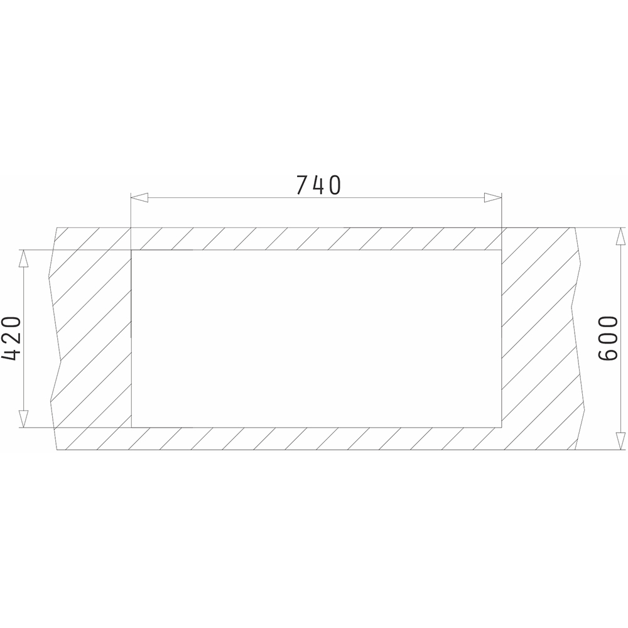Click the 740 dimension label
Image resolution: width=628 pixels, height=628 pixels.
point(319,185)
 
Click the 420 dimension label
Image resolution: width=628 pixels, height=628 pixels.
point(11,338)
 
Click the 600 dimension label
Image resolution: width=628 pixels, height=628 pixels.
point(607,338)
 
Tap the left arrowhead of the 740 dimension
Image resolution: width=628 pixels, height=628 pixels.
point(140,197)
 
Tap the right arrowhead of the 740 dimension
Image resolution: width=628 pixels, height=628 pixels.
point(492,197)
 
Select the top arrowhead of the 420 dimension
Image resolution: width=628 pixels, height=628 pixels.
point(24,259)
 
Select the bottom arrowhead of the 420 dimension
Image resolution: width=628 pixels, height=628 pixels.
point(24,419)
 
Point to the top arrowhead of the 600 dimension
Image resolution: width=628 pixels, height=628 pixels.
point(620,236)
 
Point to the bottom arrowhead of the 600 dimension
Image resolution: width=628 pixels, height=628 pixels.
point(620,441)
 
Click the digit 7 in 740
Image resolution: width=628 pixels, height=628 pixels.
point(303,185)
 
